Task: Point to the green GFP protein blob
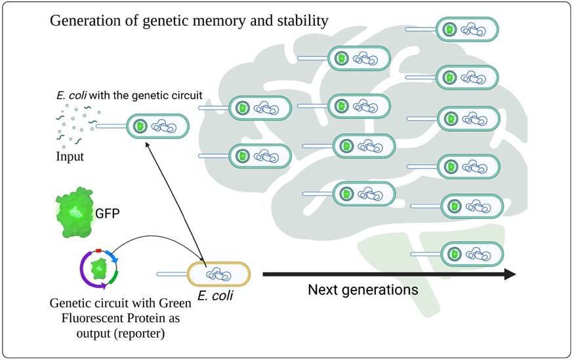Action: coord(74,211)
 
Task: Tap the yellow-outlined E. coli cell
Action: coord(218,275)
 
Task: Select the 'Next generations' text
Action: coord(363,289)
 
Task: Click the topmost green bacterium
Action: coord(466,30)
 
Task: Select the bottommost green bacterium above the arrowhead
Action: coord(471,254)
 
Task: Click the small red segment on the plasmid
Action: coord(97,251)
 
